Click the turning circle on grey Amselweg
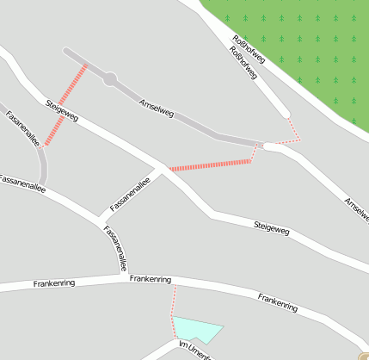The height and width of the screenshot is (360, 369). pyautogui.click(x=110, y=79)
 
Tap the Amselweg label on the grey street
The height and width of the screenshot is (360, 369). pyautogui.click(x=157, y=108)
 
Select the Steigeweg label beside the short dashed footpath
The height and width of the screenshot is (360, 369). pyautogui.click(x=62, y=111)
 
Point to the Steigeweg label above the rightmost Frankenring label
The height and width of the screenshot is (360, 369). pyautogui.click(x=271, y=228)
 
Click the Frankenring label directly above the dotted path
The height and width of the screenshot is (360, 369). pyautogui.click(x=151, y=280)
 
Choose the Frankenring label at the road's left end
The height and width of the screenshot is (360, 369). pyautogui.click(x=53, y=282)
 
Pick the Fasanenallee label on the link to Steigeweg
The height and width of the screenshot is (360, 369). pyautogui.click(x=130, y=194)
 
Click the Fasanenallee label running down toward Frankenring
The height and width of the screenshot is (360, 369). pyautogui.click(x=118, y=247)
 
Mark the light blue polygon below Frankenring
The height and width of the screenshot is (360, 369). pyautogui.click(x=197, y=330)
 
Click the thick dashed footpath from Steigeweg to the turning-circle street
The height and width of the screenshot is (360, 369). pyautogui.click(x=65, y=103)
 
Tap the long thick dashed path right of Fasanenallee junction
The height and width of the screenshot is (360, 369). pyautogui.click(x=211, y=164)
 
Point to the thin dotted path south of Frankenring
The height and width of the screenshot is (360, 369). pyautogui.click(x=174, y=301)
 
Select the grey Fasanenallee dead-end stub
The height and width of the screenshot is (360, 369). pyautogui.click(x=43, y=168)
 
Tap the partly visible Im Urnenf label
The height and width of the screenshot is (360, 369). pyautogui.click(x=194, y=349)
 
